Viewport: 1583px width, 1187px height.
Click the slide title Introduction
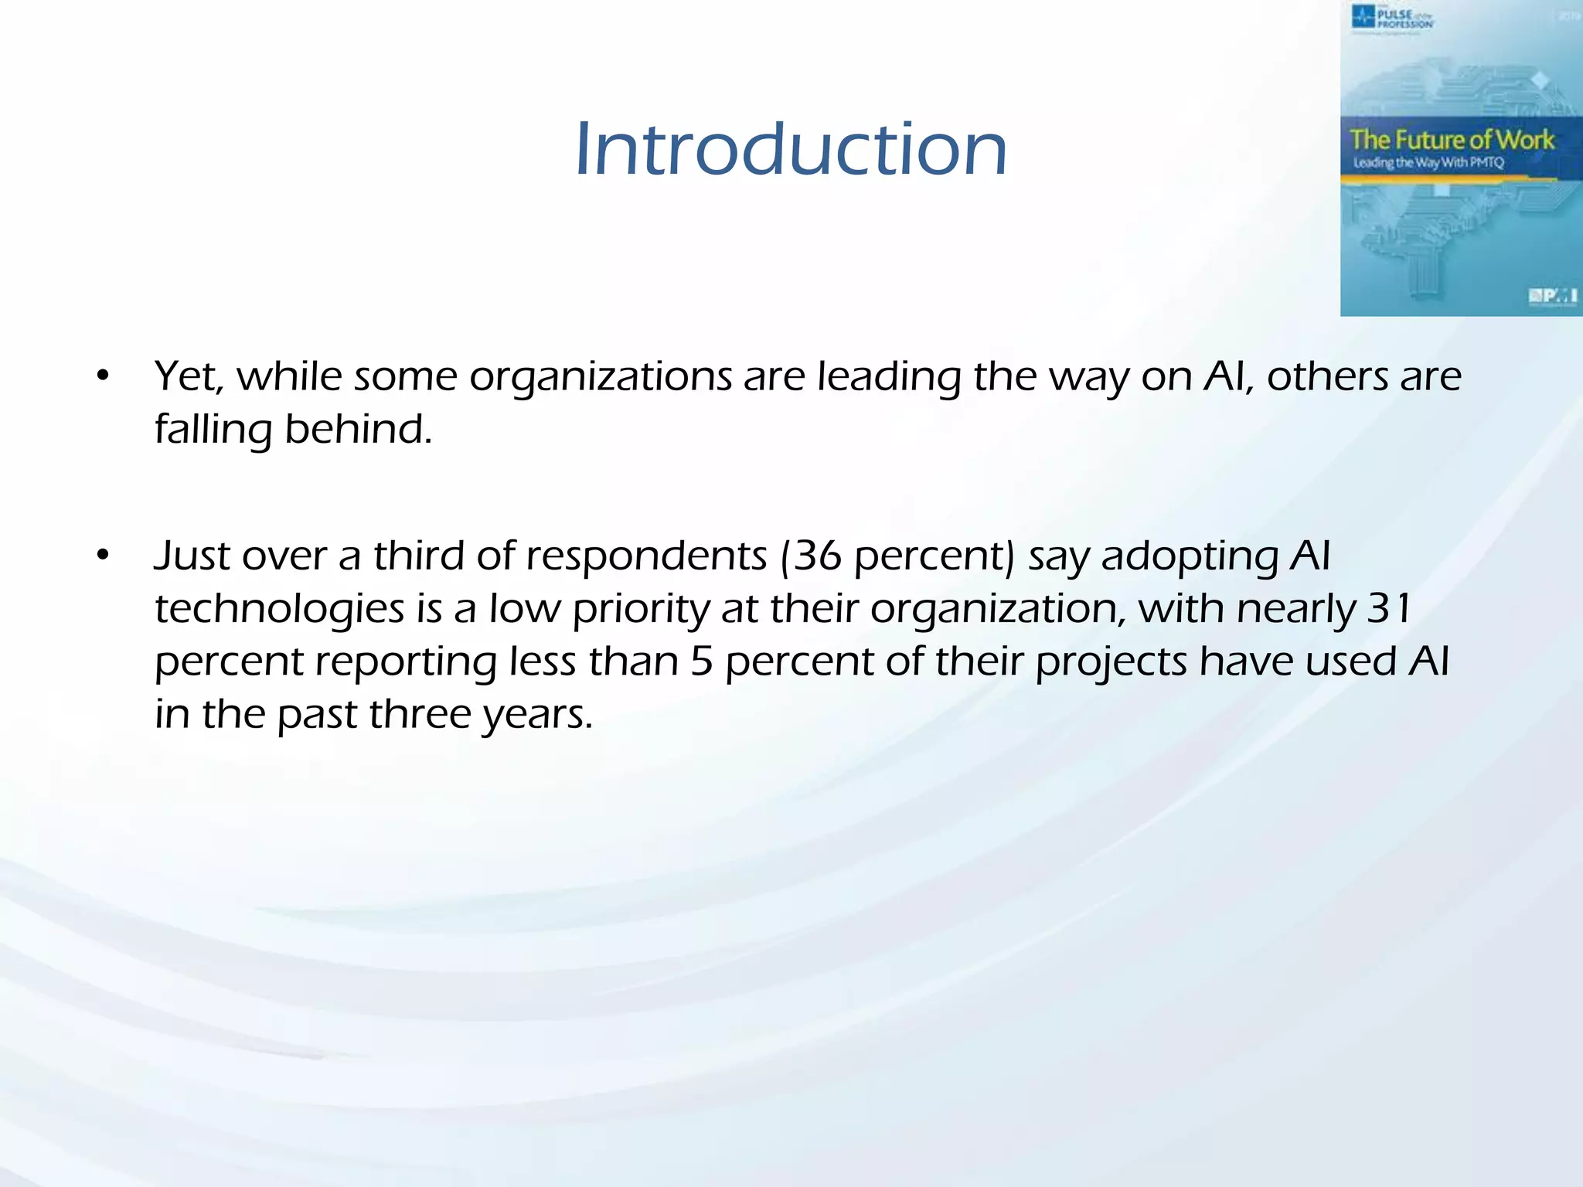point(791,148)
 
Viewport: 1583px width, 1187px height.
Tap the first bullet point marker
point(104,377)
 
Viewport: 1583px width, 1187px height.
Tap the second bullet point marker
point(104,556)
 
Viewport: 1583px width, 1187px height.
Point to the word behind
point(358,429)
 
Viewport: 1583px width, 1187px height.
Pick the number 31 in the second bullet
point(1389,608)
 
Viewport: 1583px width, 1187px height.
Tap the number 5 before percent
point(701,662)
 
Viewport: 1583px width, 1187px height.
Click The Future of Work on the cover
point(1452,140)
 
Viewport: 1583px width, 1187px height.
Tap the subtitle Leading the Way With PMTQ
point(1428,163)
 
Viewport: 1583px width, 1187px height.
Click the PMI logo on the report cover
point(1552,295)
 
